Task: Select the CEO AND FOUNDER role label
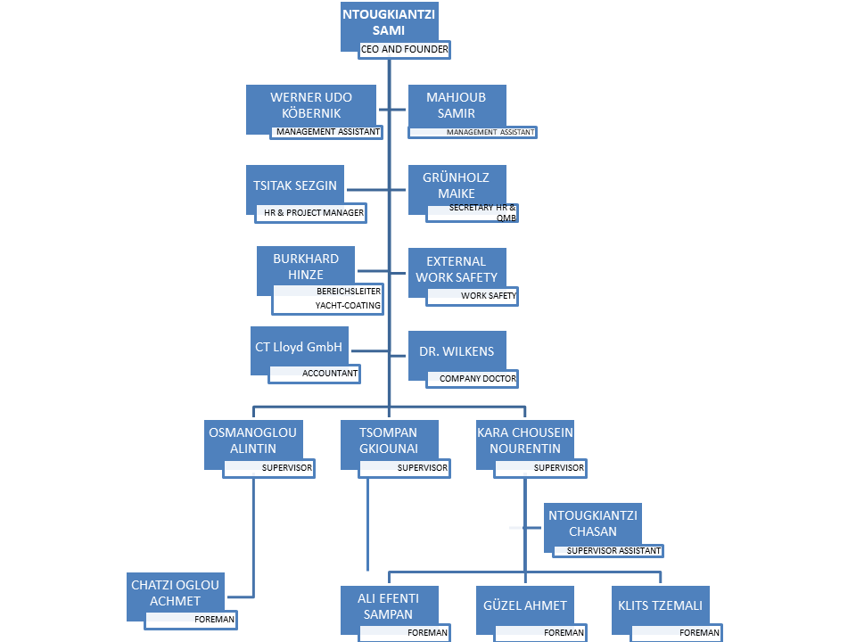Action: (x=404, y=49)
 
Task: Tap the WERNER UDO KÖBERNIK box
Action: (x=311, y=105)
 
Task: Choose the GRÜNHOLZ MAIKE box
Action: (x=456, y=185)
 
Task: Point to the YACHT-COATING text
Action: (x=347, y=305)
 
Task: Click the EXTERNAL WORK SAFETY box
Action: (x=456, y=268)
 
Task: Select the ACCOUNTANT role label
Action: (x=329, y=374)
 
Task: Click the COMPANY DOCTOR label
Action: (x=477, y=378)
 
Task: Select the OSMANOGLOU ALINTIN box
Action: (x=252, y=440)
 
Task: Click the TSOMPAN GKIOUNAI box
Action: (x=388, y=440)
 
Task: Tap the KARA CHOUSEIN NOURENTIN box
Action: (x=525, y=440)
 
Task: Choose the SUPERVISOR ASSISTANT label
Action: (x=613, y=550)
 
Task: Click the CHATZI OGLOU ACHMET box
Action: (x=176, y=592)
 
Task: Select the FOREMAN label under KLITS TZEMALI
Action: (x=698, y=632)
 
